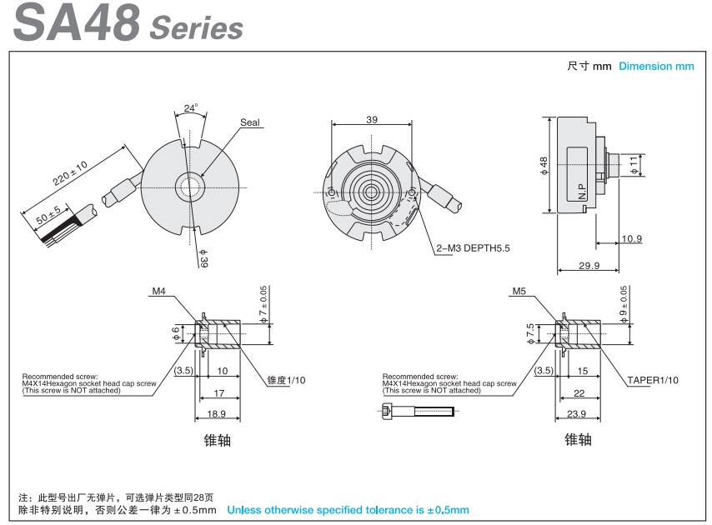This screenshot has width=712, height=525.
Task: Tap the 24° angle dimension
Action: click(191, 108)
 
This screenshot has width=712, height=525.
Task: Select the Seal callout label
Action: click(249, 122)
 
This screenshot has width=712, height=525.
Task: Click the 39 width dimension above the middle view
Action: click(371, 120)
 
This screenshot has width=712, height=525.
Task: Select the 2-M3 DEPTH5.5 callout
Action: click(474, 247)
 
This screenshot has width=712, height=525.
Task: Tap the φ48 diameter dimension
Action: click(544, 166)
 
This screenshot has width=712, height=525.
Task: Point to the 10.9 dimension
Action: click(632, 239)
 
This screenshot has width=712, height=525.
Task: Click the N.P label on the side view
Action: click(582, 191)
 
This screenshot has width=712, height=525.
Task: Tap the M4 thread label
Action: click(159, 292)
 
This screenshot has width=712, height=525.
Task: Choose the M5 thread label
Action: click(519, 292)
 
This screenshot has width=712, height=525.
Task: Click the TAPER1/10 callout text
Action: click(653, 380)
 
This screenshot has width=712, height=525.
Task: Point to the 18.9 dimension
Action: click(216, 413)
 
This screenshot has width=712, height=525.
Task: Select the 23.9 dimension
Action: click(576, 413)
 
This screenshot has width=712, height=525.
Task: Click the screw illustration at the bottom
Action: click(417, 411)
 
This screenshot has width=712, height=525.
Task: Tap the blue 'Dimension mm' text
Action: click(656, 67)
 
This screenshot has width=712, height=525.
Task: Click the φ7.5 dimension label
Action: click(530, 333)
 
